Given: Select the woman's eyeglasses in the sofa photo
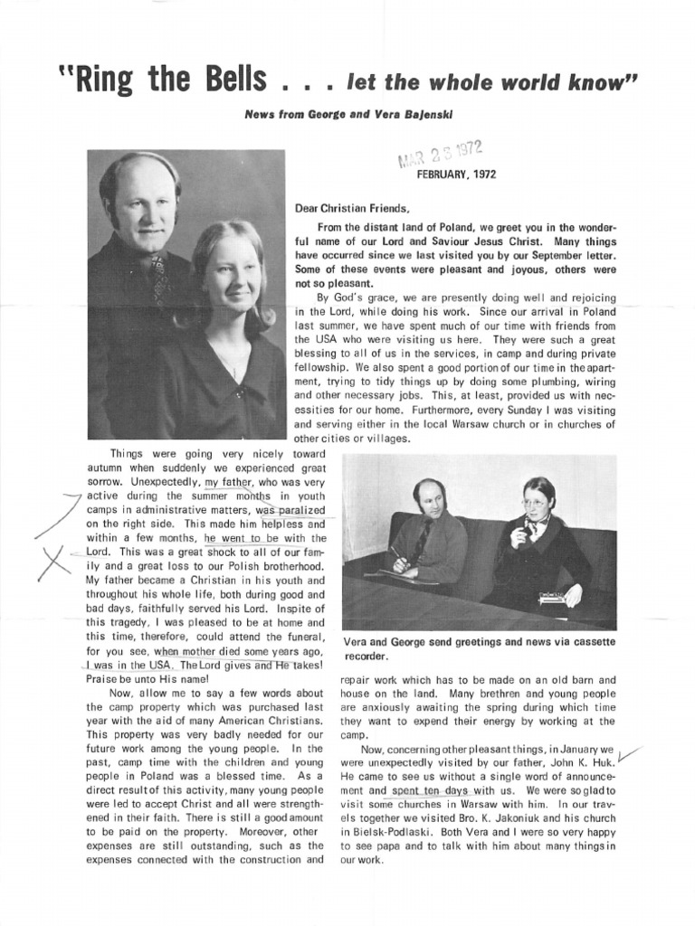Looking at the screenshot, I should click(535, 503).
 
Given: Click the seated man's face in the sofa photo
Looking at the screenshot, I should click(430, 499).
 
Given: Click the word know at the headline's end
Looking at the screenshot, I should click(594, 83).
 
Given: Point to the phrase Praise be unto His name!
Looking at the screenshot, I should click(147, 678).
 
